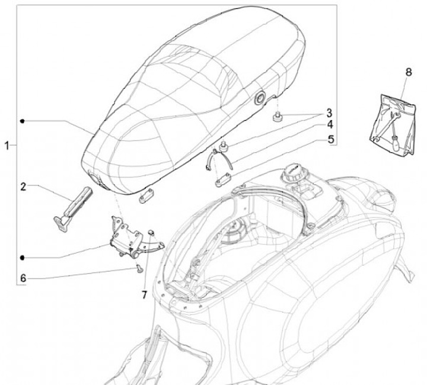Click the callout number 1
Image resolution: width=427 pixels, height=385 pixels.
pos(8,145)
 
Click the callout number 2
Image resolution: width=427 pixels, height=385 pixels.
pos(23,187)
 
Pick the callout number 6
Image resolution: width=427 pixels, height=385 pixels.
pos(23,278)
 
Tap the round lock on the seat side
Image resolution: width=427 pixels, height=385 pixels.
pos(260,100)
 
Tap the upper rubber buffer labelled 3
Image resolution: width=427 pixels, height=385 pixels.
pos(276,116)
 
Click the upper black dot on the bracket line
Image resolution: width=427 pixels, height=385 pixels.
pos(22,120)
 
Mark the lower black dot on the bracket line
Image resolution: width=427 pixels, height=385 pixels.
pos(22,258)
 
